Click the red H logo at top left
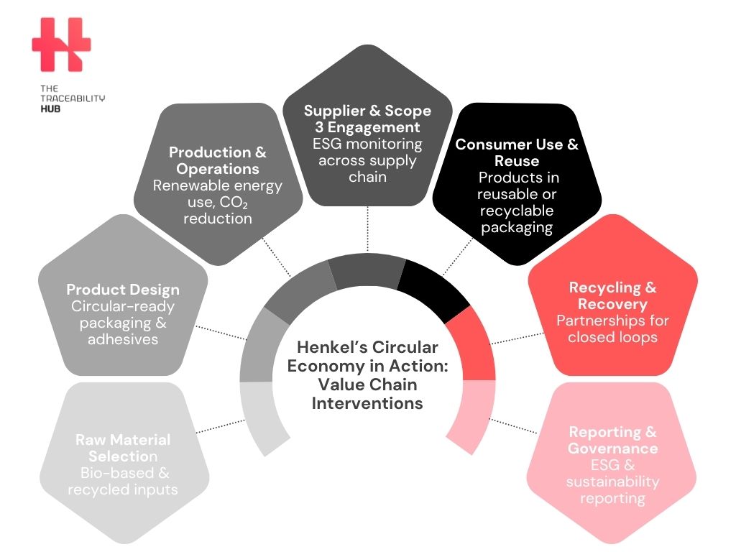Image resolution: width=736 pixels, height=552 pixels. (x=61, y=45)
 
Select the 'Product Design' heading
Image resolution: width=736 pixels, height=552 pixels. (x=123, y=290)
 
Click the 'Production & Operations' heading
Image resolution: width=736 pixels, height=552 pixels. (x=217, y=160)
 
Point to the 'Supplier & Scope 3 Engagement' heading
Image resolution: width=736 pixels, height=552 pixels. (x=367, y=119)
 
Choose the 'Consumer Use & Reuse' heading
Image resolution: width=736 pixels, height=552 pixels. (x=517, y=152)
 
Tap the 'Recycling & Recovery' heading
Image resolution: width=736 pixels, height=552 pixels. (x=612, y=295)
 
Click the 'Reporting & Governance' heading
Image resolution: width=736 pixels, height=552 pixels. (x=612, y=440)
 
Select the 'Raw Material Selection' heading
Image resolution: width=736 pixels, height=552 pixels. (x=123, y=448)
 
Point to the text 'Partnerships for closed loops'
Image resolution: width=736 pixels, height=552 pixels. (x=612, y=328)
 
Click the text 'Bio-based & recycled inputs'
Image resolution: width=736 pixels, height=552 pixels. (x=123, y=482)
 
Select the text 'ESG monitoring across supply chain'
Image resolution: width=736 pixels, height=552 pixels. (x=367, y=160)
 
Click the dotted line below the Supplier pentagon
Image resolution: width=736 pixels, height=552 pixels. (x=367, y=229)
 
